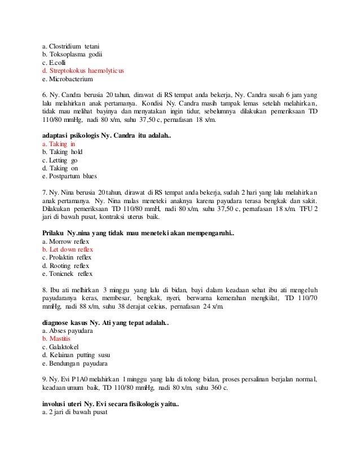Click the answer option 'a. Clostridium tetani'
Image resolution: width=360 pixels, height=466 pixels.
click(x=70, y=45)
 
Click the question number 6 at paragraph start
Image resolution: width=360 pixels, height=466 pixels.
click(x=45, y=95)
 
